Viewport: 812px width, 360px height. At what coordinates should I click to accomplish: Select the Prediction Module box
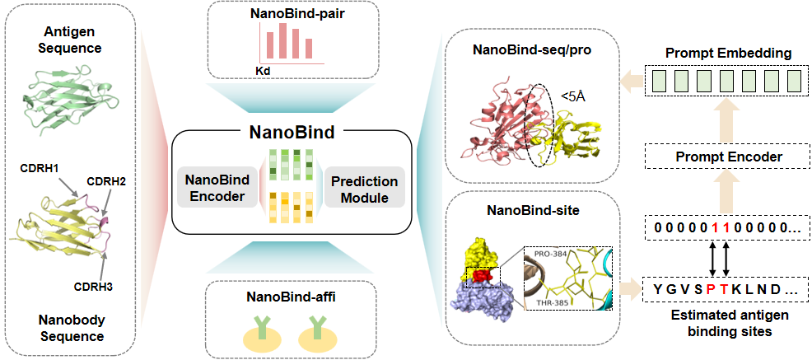(362, 189)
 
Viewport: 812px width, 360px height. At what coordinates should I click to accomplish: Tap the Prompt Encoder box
(724, 156)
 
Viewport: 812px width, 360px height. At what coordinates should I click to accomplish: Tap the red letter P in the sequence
(706, 289)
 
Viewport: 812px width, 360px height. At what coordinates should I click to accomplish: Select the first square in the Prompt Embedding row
(658, 81)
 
